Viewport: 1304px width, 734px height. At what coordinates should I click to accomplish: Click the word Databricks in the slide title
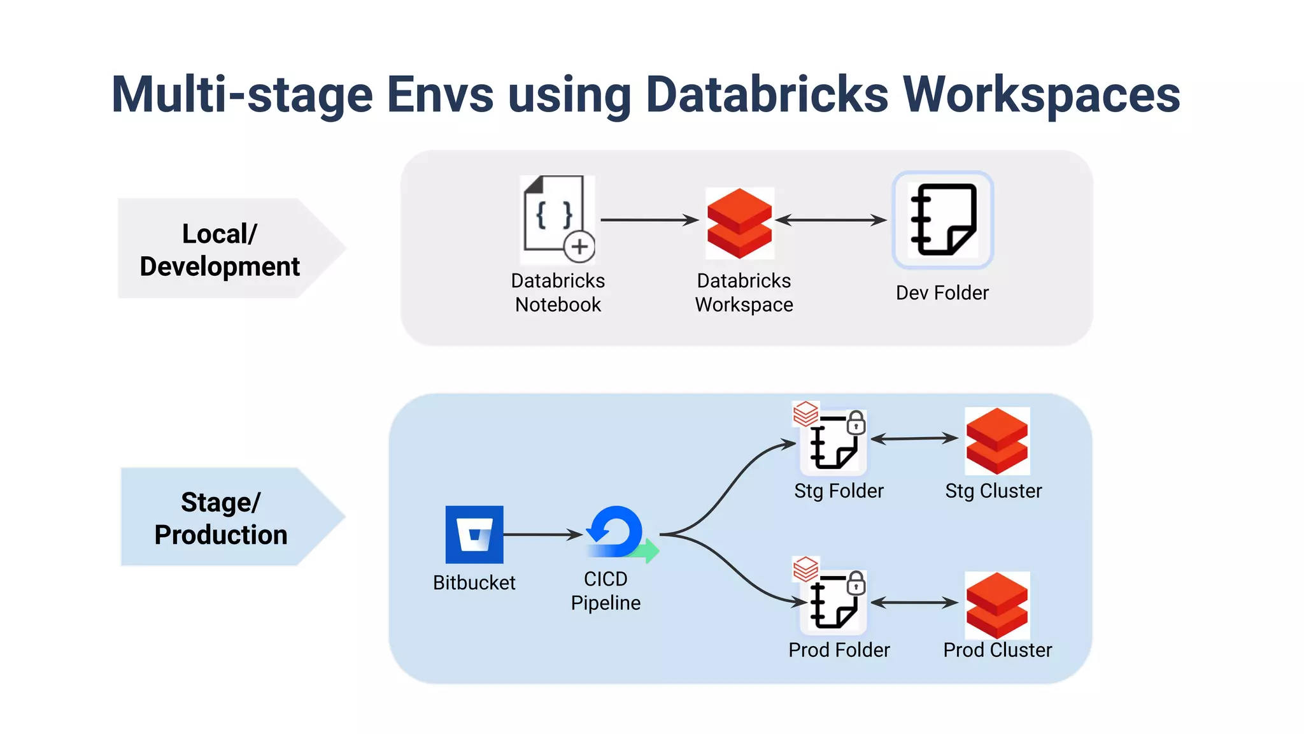pos(767,94)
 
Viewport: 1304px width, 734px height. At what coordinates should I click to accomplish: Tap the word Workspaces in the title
pos(1042,94)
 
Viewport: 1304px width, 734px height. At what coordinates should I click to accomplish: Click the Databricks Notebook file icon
pos(553,213)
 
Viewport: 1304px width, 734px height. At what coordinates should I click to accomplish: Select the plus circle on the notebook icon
pos(579,247)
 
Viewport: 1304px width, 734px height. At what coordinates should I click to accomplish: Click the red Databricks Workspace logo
pos(739,223)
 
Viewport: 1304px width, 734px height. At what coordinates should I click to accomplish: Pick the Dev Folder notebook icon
pos(943,220)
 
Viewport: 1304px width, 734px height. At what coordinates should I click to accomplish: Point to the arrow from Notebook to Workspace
pos(649,220)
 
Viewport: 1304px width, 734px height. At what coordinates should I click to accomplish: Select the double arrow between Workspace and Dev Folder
pos(831,220)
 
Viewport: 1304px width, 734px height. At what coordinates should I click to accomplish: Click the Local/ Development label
pos(220,249)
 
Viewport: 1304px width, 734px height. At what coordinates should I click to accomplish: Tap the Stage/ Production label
pos(220,517)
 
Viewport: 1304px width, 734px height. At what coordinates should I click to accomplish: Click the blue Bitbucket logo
pos(474,535)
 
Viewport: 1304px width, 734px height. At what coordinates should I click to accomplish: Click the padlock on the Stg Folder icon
pos(856,422)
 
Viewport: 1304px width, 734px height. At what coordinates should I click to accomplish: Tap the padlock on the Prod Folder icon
pos(856,583)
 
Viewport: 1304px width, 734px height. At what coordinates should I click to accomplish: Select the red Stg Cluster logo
pos(997,441)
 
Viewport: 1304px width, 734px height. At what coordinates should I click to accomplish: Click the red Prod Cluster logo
pos(997,605)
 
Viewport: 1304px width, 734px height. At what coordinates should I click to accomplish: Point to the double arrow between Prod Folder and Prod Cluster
pos(914,602)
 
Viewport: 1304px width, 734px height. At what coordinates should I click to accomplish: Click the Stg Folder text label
pos(839,491)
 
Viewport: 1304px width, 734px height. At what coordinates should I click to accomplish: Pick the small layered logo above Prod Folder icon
pos(805,568)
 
